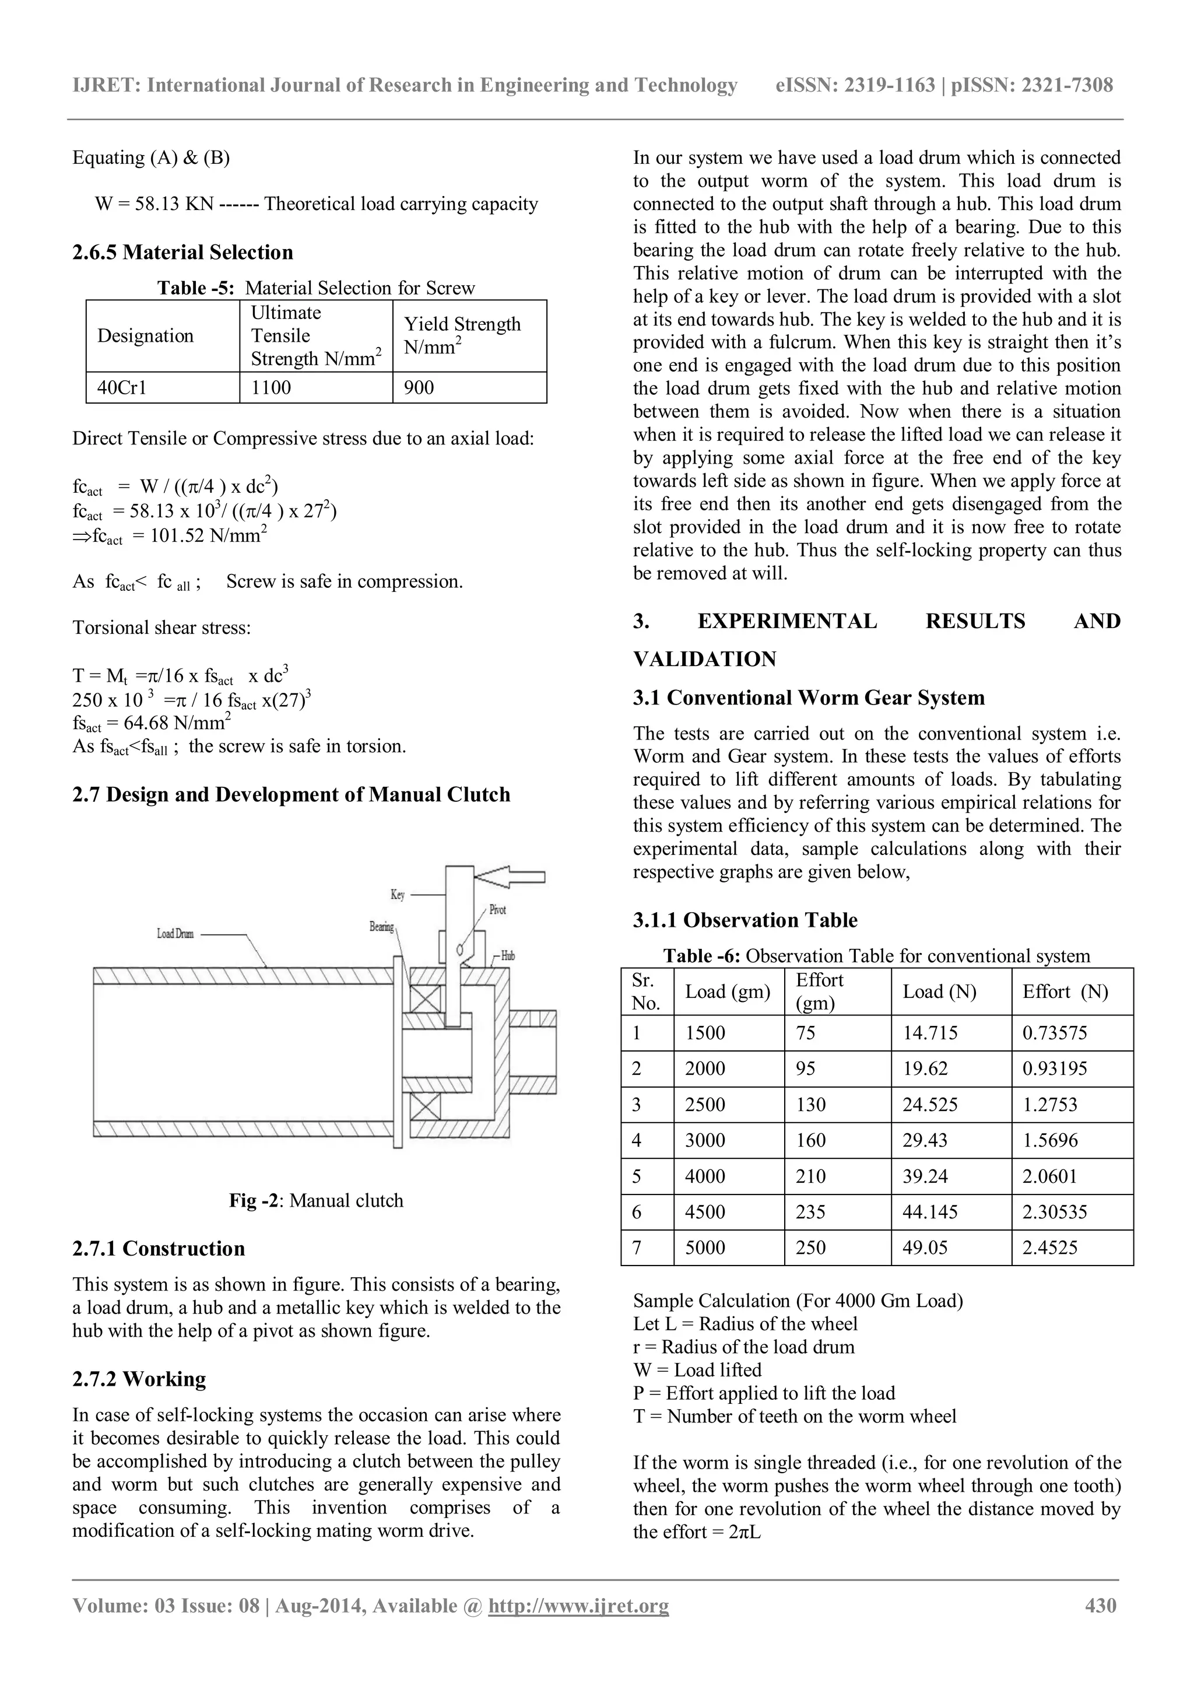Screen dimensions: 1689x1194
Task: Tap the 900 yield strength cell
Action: [419, 388]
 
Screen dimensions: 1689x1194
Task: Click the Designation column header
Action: [146, 335]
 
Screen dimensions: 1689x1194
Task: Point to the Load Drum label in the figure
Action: [175, 934]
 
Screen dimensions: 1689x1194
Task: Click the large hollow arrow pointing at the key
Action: [510, 876]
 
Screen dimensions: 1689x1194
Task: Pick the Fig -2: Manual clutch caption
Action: [316, 1200]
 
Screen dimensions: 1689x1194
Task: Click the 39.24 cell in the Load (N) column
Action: [925, 1176]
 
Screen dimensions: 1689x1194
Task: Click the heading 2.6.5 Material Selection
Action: [182, 253]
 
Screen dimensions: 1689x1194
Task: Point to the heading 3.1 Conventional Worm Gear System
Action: [809, 698]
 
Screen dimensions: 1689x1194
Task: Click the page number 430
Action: [1101, 1605]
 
